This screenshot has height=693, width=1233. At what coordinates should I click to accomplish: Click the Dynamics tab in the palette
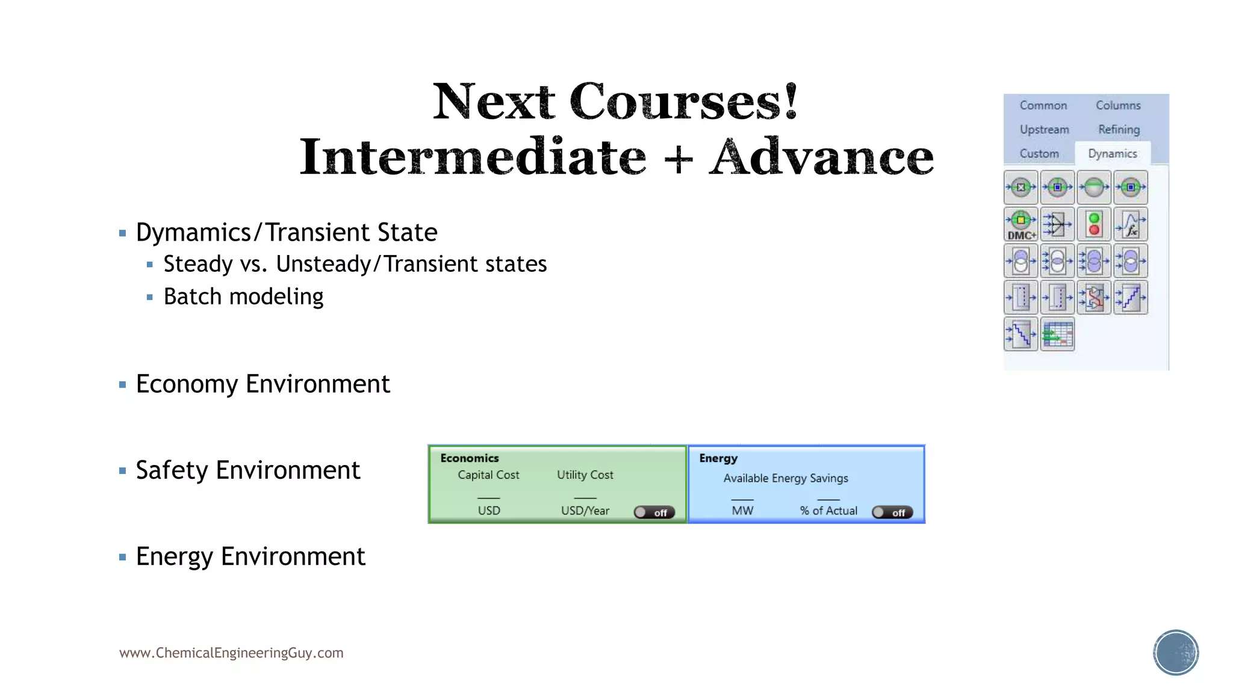coord(1112,153)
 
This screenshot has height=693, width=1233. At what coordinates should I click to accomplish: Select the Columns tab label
coord(1118,105)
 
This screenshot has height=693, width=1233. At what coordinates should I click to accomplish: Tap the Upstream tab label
coord(1044,129)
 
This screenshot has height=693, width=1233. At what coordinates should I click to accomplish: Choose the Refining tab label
coord(1119,129)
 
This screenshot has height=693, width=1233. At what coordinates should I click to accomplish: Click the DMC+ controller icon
coord(1021,224)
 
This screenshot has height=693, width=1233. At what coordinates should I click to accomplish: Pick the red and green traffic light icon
coord(1094,224)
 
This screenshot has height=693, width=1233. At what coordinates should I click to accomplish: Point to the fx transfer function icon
coord(1131,224)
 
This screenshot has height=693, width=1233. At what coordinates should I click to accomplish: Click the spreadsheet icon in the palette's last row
coord(1057,334)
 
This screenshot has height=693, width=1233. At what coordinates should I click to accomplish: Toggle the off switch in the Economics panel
coord(654,513)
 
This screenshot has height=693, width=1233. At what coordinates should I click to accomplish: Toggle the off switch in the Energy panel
coord(892,513)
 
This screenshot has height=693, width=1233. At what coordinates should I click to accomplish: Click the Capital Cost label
coord(488,475)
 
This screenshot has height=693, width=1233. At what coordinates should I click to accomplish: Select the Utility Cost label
coord(585,475)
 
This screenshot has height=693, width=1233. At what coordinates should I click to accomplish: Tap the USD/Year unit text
coord(585,511)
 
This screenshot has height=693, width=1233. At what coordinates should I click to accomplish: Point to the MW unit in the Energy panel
coord(742,511)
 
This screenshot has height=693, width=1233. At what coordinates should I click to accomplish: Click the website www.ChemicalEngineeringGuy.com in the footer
coord(231,653)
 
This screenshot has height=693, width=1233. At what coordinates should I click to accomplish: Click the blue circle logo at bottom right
coord(1176,653)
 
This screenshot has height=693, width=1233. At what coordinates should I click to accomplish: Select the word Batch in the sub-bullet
coord(193,297)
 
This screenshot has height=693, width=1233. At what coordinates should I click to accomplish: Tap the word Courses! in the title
coord(684,101)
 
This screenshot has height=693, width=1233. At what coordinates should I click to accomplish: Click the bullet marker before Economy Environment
coord(123,384)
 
